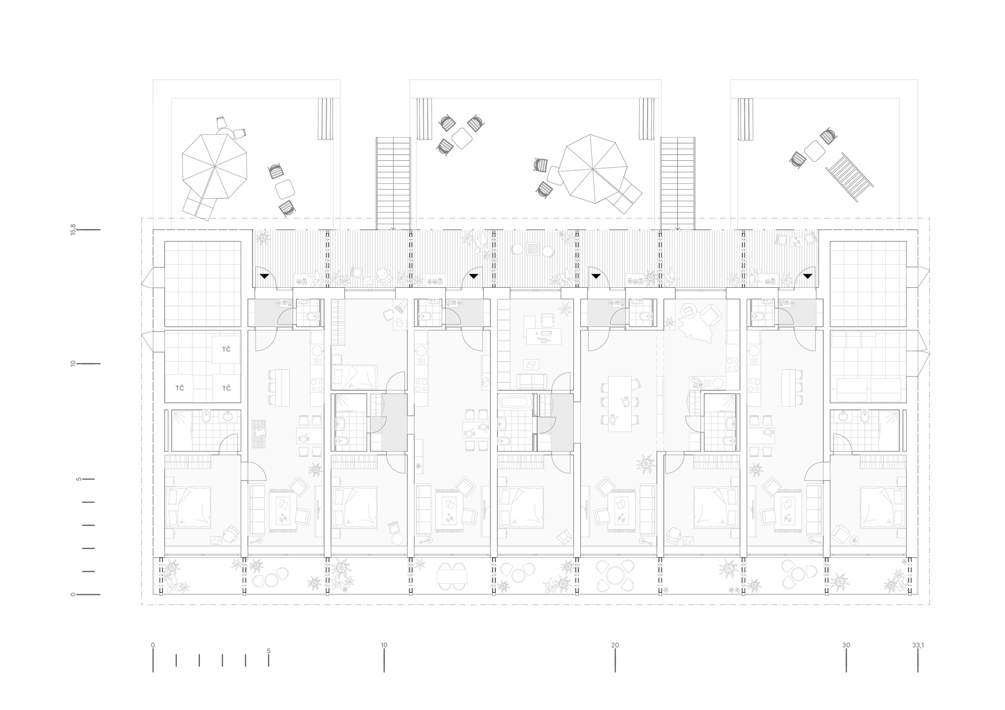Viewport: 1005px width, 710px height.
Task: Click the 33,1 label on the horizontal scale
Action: pyautogui.click(x=918, y=645)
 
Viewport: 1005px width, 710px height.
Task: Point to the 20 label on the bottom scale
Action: pyautogui.click(x=615, y=645)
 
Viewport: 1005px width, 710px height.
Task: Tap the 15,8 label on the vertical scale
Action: pyautogui.click(x=73, y=230)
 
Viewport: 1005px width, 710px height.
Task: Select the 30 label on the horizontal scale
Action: pyautogui.click(x=846, y=645)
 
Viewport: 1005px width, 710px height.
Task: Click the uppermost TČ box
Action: pyautogui.click(x=226, y=349)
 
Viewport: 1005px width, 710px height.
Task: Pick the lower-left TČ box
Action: pyautogui.click(x=179, y=388)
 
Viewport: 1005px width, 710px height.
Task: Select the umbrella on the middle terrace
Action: pyautogui.click(x=592, y=168)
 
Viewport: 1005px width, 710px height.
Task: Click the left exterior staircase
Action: pyautogui.click(x=393, y=183)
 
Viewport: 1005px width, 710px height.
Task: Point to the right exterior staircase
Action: pyautogui.click(x=678, y=183)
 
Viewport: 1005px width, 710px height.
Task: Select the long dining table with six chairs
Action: pyautogui.click(x=620, y=404)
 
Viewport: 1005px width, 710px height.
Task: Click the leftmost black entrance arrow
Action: pyautogui.click(x=264, y=276)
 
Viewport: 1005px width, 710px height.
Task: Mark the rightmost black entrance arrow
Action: pyautogui.click(x=808, y=276)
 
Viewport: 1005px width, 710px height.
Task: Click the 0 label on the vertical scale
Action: pyautogui.click(x=73, y=595)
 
